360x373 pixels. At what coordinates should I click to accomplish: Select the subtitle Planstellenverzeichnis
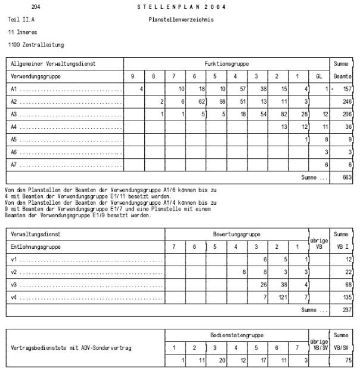[181, 20]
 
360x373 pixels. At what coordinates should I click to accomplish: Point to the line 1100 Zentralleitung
[36, 45]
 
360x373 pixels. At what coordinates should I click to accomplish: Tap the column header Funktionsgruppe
[226, 63]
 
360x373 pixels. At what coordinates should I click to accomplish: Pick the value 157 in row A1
[346, 89]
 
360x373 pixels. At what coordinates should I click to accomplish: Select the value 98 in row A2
[222, 102]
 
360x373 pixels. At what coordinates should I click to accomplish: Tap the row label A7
[14, 165]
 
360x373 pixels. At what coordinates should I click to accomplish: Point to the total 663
[346, 178]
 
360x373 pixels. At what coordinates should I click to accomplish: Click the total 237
[346, 310]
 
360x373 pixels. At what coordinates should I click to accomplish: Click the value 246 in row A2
[346, 102]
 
